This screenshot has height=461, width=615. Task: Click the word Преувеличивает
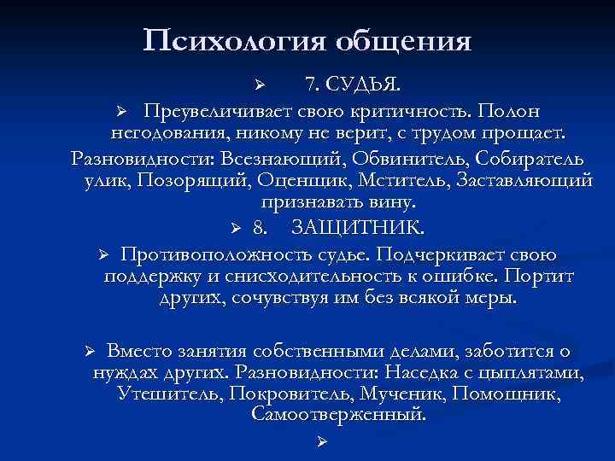pos(223,112)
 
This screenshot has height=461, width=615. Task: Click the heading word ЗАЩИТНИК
pos(357,228)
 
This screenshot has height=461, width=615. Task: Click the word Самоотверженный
pos(338,414)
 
